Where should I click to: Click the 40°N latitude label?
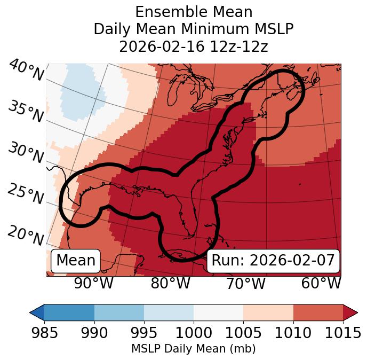[26, 71]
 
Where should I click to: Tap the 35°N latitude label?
[25, 111]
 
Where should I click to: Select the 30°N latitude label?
[25, 153]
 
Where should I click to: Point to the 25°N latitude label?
[25, 194]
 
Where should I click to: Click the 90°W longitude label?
[94, 283]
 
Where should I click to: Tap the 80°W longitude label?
[170, 283]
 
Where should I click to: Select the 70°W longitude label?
[246, 283]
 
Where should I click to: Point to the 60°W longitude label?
[321, 283]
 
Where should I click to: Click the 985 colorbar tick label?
[44, 333]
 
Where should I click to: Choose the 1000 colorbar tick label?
[194, 333]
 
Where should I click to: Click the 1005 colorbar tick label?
[243, 333]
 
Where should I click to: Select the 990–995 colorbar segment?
[119, 312]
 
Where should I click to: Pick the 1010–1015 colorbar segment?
[318, 312]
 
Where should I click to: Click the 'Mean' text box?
[76, 261]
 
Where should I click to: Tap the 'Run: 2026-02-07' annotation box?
[273, 261]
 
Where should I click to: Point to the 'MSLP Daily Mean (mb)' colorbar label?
[194, 349]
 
